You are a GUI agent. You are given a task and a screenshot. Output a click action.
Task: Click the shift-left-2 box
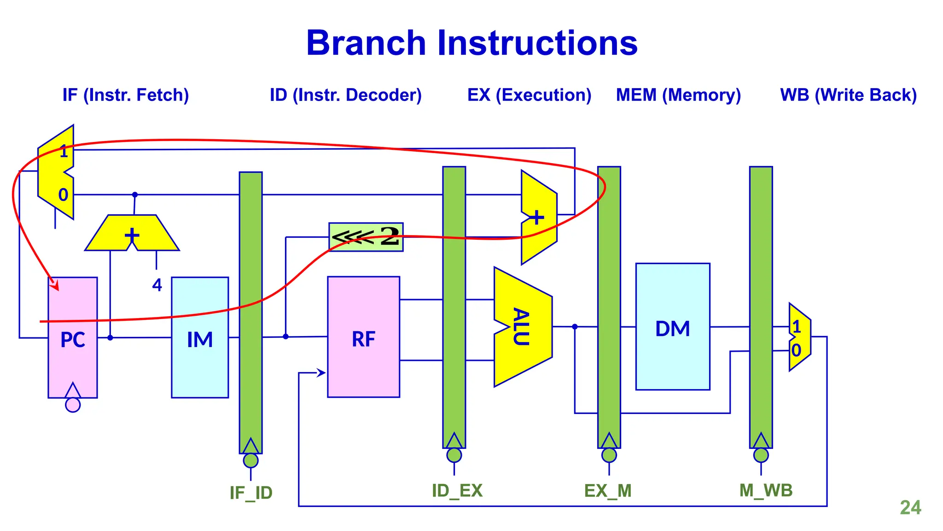tap(366, 237)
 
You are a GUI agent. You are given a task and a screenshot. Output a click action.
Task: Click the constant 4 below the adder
tap(157, 285)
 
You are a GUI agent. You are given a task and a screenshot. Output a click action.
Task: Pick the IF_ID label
tap(251, 493)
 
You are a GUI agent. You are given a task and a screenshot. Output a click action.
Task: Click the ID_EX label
tap(457, 490)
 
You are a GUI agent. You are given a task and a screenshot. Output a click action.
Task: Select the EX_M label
tap(608, 490)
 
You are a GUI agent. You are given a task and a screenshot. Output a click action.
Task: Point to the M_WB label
tap(766, 490)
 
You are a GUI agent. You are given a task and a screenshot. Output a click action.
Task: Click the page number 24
tap(910, 507)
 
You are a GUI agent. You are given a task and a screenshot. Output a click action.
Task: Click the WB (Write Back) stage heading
tap(848, 95)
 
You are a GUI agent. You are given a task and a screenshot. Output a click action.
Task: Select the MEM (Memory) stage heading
tap(678, 95)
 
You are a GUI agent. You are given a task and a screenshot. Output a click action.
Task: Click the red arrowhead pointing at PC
tap(55, 285)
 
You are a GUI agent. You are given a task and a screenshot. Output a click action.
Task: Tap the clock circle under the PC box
tap(73, 405)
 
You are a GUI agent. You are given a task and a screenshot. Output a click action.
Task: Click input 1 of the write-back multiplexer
tap(797, 327)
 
